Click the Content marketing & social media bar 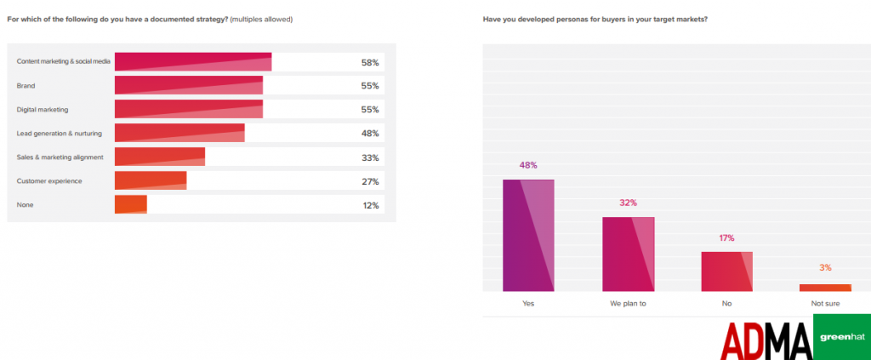coord(193,62)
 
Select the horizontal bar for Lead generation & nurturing coord(179,134)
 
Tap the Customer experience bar coord(151,181)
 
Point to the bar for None coord(131,205)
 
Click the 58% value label coord(369,62)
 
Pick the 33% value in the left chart coord(369,157)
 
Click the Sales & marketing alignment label coord(60,157)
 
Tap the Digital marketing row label coord(43,110)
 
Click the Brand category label coord(26,86)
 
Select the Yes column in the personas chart coord(528,235)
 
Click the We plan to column coord(629,254)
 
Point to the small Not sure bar coord(825,288)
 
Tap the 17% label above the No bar coord(726,238)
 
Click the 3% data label coord(825,268)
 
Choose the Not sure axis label coord(825,303)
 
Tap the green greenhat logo coord(841,336)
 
